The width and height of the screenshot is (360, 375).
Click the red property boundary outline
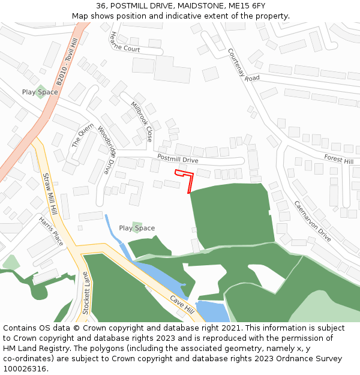tap(191, 183)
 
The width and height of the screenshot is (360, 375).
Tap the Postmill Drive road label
tap(178, 159)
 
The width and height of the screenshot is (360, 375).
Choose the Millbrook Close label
tap(142, 122)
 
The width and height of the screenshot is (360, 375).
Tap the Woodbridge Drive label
tap(106, 150)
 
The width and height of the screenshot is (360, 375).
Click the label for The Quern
tap(83, 136)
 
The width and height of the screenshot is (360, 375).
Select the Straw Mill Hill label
tap(49, 195)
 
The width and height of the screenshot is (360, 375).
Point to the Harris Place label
tap(51, 231)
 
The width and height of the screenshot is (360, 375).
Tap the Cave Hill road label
tap(182, 307)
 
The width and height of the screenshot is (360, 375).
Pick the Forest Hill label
tap(338, 159)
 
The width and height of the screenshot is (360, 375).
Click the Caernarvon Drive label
tap(312, 221)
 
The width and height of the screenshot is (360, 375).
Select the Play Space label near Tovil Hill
tap(40, 92)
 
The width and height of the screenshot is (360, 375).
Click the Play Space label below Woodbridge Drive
tap(137, 228)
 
